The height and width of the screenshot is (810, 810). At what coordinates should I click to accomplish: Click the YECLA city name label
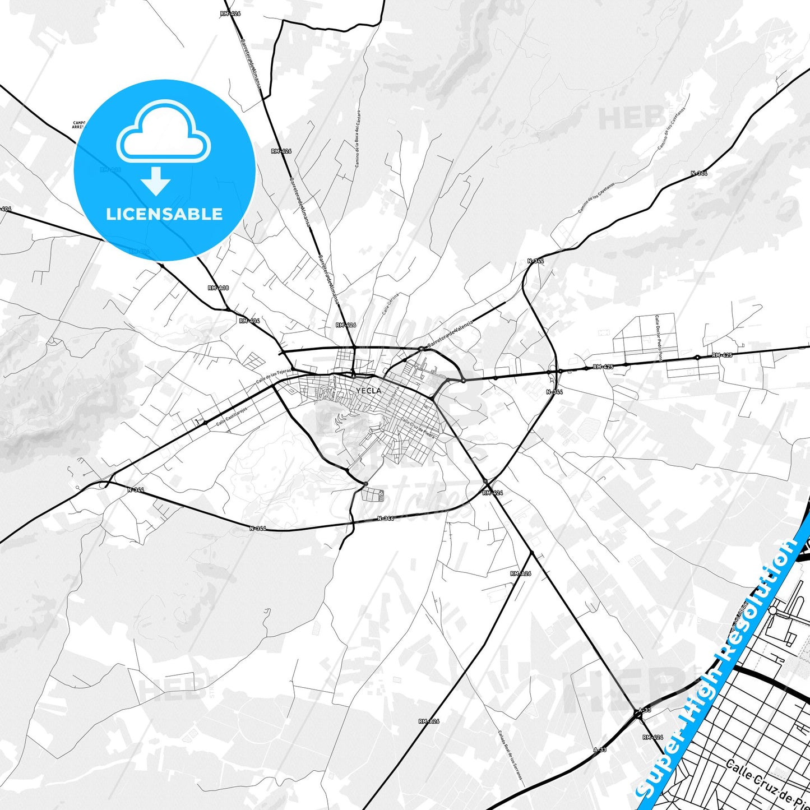pos(368,391)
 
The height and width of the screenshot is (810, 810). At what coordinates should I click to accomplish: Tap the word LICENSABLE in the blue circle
pos(164,214)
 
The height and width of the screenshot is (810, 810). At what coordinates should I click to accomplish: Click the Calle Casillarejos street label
pos(232,416)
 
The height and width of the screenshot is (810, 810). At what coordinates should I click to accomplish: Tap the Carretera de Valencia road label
pos(450,334)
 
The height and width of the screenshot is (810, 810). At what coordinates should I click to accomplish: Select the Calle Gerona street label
pos(391,304)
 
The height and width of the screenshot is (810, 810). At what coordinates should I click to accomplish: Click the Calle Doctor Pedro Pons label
pos(658,337)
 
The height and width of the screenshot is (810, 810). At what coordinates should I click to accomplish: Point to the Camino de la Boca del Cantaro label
pos(358,138)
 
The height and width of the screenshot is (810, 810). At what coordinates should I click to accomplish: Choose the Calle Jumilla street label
pos(334,387)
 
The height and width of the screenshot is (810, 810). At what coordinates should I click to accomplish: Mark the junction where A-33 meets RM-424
pos(638,714)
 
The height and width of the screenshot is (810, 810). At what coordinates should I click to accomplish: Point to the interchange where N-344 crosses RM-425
pos(553,371)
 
